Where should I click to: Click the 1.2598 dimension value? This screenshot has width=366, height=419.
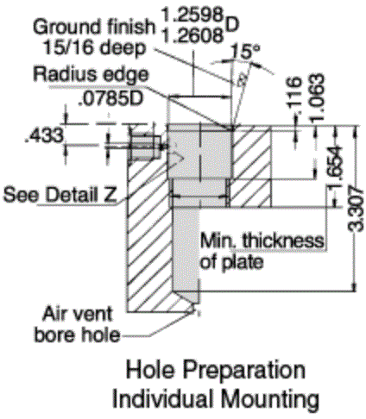pos(192,15)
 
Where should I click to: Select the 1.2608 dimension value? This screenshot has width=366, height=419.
pos(192,35)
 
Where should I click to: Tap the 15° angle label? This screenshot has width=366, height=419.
pos(245,52)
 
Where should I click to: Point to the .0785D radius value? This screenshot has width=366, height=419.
pos(110,98)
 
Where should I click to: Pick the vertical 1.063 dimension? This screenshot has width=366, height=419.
pos(319,97)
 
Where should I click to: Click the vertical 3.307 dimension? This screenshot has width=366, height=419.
pos(356,209)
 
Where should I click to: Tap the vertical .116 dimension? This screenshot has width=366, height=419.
pos(295,93)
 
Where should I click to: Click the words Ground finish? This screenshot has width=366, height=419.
pos(94,27)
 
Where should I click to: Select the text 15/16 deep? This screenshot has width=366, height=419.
pos(94,47)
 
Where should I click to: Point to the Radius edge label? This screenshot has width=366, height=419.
pos(91,74)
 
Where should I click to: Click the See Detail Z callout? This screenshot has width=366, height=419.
pos(60,194)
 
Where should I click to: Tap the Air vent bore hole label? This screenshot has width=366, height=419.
pos(77,324)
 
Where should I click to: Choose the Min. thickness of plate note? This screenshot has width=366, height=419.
pos(262,251)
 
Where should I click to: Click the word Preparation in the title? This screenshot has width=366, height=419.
pos(244,371)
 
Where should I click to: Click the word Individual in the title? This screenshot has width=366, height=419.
pos(164,397)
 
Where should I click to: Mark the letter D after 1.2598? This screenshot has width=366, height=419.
pos(232,25)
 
